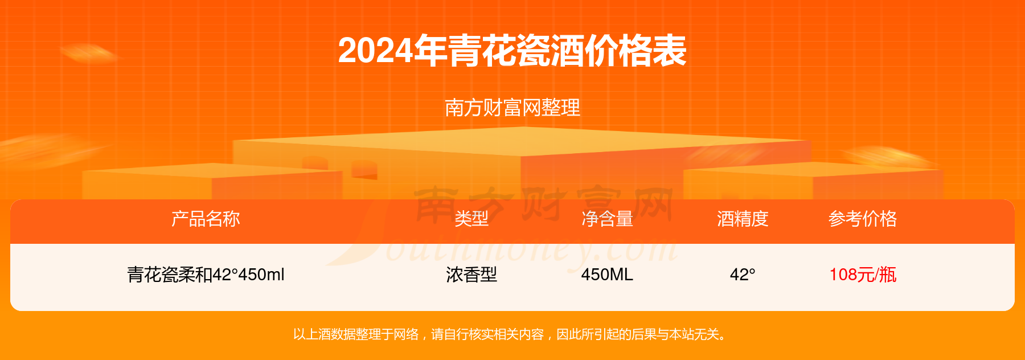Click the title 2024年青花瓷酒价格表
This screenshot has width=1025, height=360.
click(x=512, y=51)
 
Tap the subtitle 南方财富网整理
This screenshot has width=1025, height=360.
click(x=512, y=108)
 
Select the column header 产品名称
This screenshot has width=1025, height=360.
click(x=206, y=219)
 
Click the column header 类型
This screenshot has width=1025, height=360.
click(x=471, y=219)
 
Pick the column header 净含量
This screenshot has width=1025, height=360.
click(x=607, y=219)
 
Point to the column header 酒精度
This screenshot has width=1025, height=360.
click(x=743, y=219)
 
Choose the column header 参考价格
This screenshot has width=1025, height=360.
click(x=863, y=219)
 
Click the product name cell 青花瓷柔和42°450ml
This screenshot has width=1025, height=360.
click(x=206, y=275)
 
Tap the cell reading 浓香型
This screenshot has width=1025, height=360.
click(x=471, y=275)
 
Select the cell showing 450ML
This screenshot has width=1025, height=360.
click(x=607, y=275)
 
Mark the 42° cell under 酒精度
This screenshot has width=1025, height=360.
click(x=743, y=275)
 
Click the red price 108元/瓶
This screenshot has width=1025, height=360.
click(x=863, y=275)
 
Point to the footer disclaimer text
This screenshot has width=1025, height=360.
click(x=510, y=334)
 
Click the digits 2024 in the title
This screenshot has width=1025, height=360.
click(x=376, y=51)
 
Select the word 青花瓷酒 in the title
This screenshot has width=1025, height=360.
click(x=516, y=51)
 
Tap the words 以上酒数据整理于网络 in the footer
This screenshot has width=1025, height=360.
click(x=356, y=334)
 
